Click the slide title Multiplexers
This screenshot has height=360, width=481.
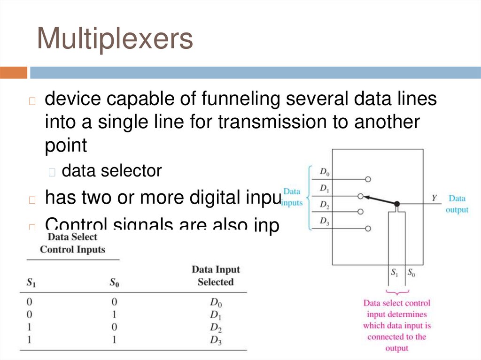[x=115, y=38]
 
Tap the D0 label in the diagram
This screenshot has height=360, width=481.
[x=325, y=172]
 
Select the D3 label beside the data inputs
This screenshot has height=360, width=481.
[x=325, y=221]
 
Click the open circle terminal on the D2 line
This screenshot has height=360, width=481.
[x=361, y=212]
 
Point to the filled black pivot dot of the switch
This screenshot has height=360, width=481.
[x=397, y=204]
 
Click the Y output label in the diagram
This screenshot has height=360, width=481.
[x=434, y=199]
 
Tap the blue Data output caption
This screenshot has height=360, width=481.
[x=457, y=204]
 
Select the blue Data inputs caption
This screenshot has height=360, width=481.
[x=292, y=197]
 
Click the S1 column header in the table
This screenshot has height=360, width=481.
[x=31, y=283]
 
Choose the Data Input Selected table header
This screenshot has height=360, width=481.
[x=216, y=276]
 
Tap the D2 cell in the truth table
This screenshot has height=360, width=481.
[x=216, y=327]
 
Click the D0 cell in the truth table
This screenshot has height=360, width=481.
[x=216, y=302]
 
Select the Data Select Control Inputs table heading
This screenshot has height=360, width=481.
[x=73, y=243]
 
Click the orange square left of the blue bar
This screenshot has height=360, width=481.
[x=14, y=73]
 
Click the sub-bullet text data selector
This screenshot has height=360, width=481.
[x=112, y=171]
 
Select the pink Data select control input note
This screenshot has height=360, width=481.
[x=397, y=326]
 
